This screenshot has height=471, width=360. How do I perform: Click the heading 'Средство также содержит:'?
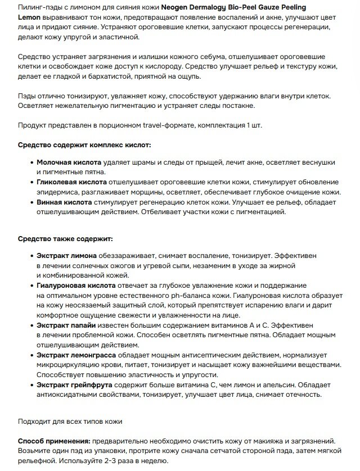[x=65, y=239]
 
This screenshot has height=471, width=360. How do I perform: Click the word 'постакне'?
[x=238, y=106]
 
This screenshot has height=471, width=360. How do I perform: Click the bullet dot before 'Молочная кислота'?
[x=30, y=162]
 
